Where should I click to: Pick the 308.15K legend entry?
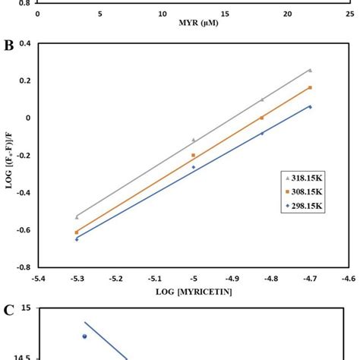coord(302,193)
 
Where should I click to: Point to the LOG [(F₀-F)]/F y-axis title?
coord(10,156)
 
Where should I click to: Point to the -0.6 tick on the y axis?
coord(22,230)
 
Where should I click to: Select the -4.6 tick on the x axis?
coord(348,279)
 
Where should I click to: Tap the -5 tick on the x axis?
coord(194,279)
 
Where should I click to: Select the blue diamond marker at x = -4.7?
coord(310,106)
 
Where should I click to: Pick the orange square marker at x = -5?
coord(194,155)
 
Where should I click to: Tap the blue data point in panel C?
coord(84,336)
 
